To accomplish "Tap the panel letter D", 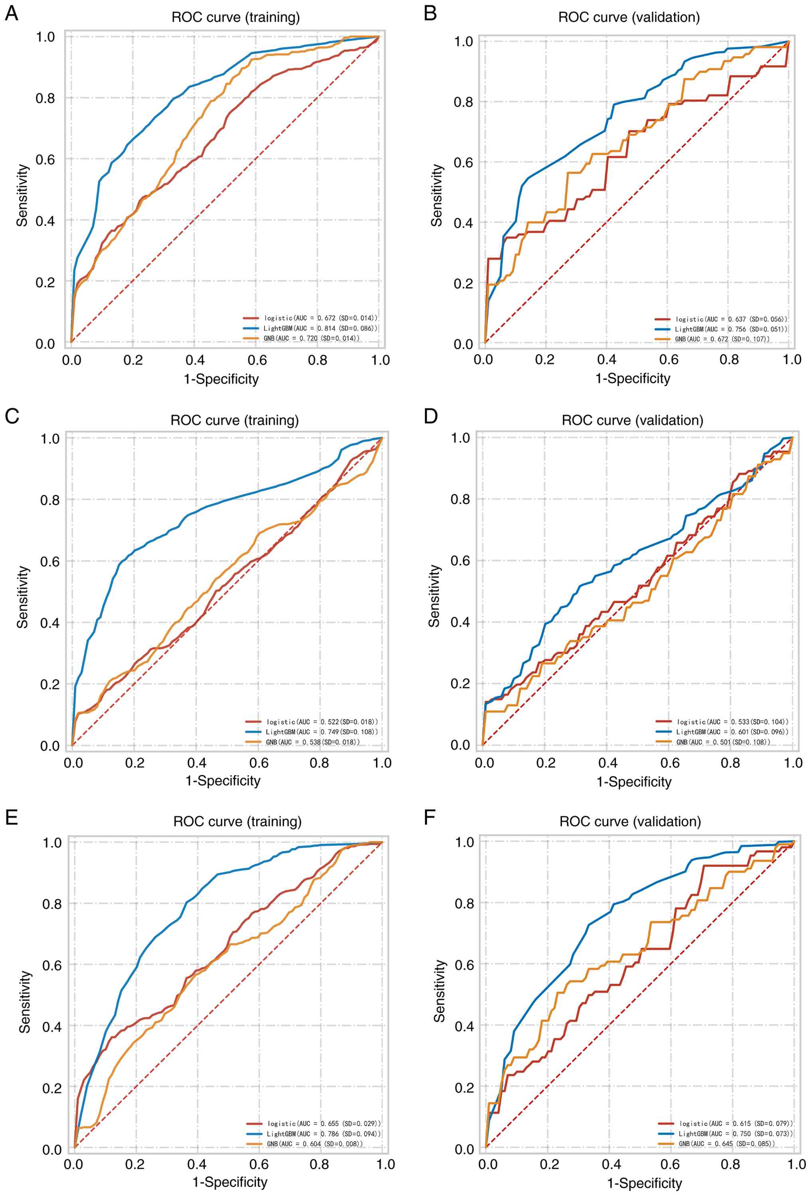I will click(x=431, y=416).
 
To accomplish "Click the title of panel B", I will click(x=629, y=18).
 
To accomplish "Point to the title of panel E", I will click(x=237, y=822).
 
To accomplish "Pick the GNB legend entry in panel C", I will click(x=312, y=742).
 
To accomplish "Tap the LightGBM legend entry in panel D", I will click(x=732, y=732).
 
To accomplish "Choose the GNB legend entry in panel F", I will click(x=726, y=1143).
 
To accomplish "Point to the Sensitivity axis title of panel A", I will click(x=22, y=195).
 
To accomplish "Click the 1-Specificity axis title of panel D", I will click(x=634, y=782).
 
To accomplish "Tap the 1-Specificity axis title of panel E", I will click(x=229, y=1182).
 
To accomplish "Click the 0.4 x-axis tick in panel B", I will click(x=607, y=359).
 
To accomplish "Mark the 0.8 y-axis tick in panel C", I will click(x=50, y=500).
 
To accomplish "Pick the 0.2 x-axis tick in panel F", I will click(x=550, y=1164).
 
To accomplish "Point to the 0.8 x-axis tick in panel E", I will click(x=320, y=1164).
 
